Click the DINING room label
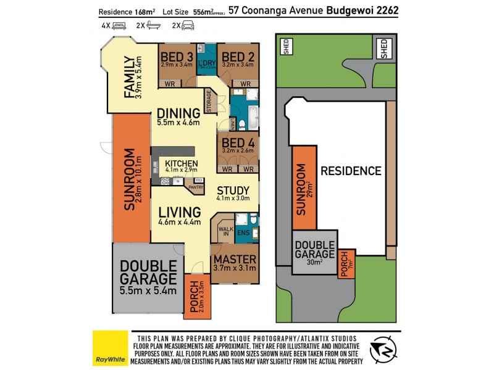point(178,113)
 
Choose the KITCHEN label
point(181,163)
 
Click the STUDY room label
point(233,190)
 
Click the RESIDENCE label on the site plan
point(350,171)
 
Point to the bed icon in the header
point(120,26)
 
